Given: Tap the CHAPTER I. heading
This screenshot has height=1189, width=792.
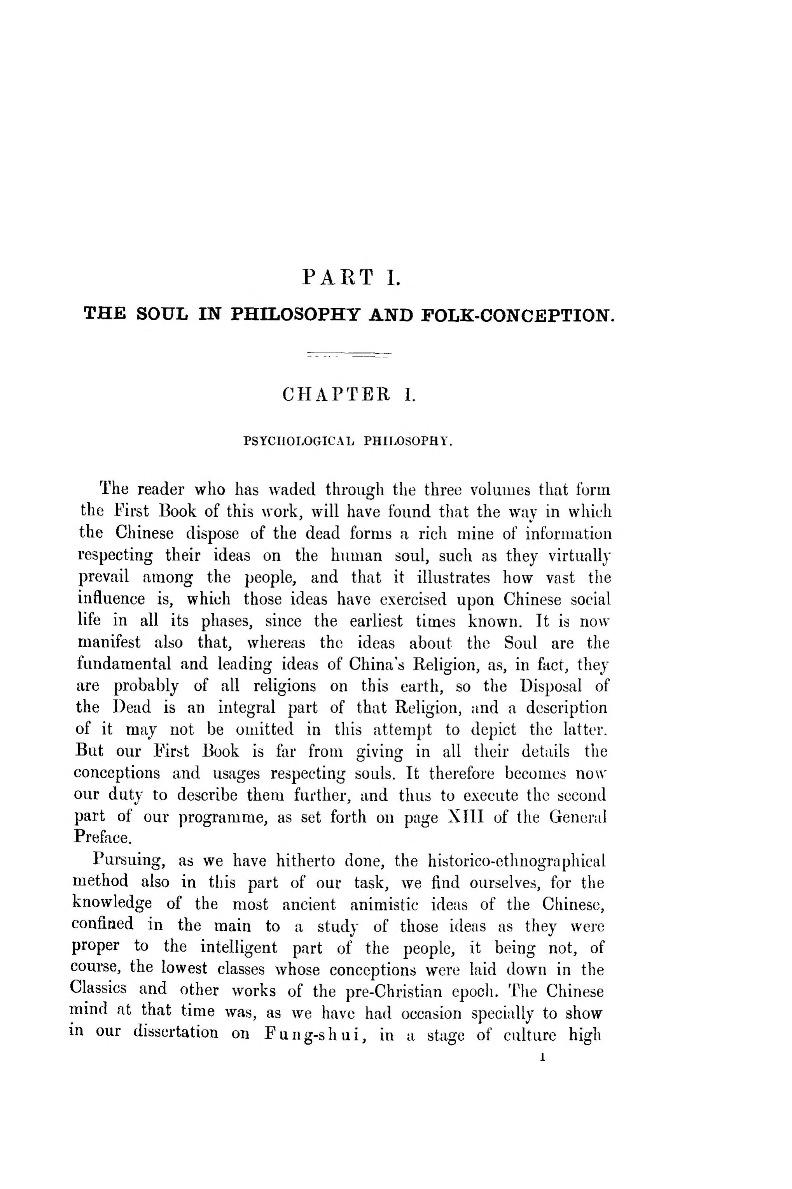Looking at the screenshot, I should tap(349, 394).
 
